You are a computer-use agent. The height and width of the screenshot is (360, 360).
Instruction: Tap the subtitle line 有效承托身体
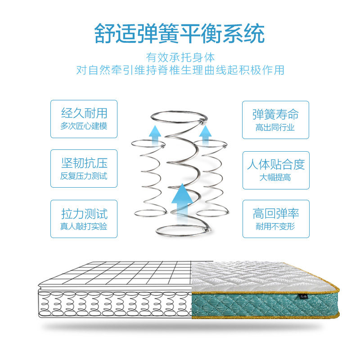(x=180, y=58)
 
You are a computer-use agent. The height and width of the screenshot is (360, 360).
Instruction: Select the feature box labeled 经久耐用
(x=84, y=119)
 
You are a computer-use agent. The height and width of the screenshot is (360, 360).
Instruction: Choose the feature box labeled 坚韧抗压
(x=84, y=168)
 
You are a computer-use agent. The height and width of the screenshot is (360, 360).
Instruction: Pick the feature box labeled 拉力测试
(x=84, y=219)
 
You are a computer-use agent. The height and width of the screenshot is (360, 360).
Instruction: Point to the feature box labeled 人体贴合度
(x=276, y=170)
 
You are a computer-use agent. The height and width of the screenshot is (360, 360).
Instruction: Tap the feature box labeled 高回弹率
(x=276, y=219)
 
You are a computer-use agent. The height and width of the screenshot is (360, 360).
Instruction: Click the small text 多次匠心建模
(x=84, y=126)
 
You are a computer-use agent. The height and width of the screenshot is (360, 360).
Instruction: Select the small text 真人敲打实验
(x=84, y=226)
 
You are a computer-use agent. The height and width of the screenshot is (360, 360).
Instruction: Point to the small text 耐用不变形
(x=275, y=226)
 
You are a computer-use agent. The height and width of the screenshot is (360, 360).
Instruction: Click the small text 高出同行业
(x=275, y=127)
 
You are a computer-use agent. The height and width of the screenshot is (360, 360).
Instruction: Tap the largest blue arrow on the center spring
(x=182, y=201)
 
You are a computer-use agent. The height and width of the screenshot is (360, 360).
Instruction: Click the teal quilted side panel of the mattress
(x=252, y=303)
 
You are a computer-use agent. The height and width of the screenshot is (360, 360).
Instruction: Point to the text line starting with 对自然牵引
(x=180, y=71)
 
